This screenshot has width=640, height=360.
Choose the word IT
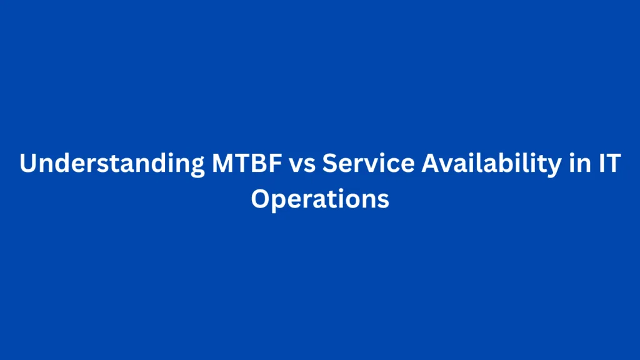click(604, 164)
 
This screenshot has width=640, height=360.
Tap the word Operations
click(320, 200)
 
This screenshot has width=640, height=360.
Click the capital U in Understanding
click(27, 164)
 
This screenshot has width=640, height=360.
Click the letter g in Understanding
click(188, 167)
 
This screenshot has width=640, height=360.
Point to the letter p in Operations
click(278, 202)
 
